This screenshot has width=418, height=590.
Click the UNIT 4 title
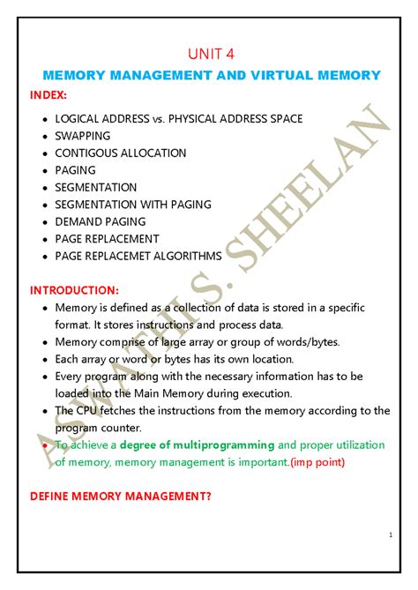209,55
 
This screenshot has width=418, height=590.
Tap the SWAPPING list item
82,136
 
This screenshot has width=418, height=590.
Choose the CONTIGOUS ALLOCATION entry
120,153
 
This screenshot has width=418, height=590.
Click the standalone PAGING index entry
75,170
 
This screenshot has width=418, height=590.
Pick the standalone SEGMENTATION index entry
95,187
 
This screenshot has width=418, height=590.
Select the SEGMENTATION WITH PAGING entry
132,205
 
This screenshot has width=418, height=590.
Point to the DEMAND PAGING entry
100,221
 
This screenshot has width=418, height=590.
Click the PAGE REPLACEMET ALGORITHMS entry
138,256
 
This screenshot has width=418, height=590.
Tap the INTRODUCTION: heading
73,289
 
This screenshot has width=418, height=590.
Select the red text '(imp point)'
317,461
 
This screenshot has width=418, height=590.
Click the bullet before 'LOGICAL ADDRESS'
45,119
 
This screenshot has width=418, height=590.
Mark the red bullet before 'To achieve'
45,444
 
